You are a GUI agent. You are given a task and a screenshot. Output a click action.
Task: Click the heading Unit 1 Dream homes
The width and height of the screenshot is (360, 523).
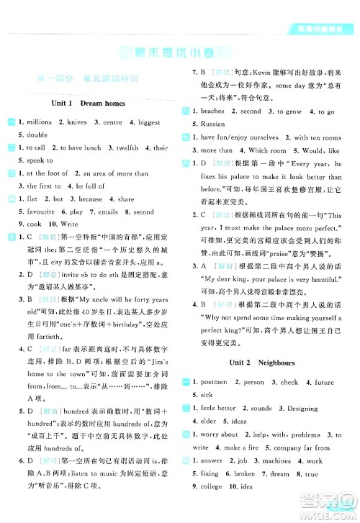89,104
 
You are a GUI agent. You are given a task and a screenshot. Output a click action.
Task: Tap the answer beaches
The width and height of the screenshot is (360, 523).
213,112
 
